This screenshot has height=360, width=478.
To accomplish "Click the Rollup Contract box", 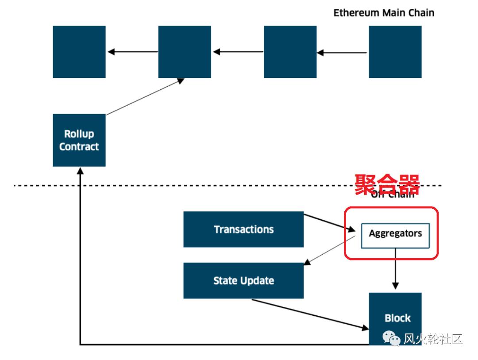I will [x=79, y=140].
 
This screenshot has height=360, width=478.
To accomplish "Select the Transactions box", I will [x=243, y=229].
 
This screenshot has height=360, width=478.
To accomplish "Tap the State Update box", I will [x=243, y=280].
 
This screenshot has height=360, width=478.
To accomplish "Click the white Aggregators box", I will [x=395, y=235].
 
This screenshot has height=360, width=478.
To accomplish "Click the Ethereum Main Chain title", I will [x=384, y=13].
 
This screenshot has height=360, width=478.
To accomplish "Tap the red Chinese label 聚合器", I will [x=387, y=184].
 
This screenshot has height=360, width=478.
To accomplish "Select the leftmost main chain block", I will [x=79, y=52].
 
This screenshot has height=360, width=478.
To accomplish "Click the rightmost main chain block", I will [x=395, y=52].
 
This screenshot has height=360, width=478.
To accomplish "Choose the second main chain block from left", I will [x=185, y=52].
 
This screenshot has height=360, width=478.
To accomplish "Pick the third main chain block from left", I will [x=290, y=52].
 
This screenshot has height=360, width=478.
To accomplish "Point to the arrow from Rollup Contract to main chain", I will [x=145, y=96].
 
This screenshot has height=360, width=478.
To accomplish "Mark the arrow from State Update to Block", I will [x=310, y=314].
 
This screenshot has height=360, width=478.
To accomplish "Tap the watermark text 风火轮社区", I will [x=433, y=339].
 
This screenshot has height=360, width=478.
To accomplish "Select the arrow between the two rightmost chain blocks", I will [x=343, y=53].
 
